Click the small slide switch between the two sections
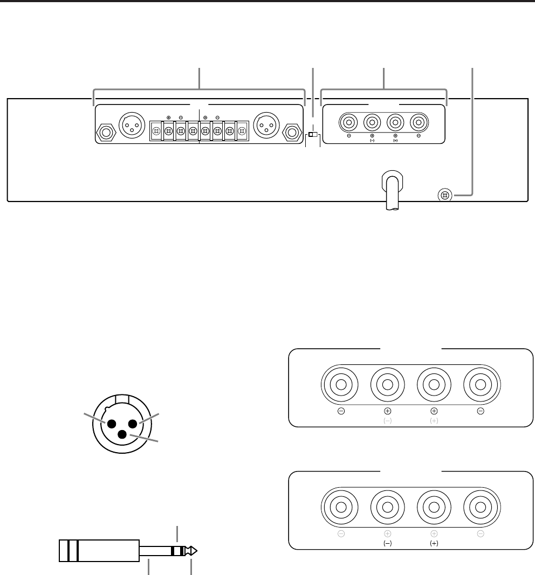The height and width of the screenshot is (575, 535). (313, 133)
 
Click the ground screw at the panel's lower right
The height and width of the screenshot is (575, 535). (444, 195)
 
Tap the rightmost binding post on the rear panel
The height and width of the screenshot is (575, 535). (419, 123)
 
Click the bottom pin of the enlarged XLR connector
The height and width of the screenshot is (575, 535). (122, 435)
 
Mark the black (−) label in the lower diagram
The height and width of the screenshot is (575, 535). (387, 544)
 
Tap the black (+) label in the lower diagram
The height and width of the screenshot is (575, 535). (434, 544)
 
